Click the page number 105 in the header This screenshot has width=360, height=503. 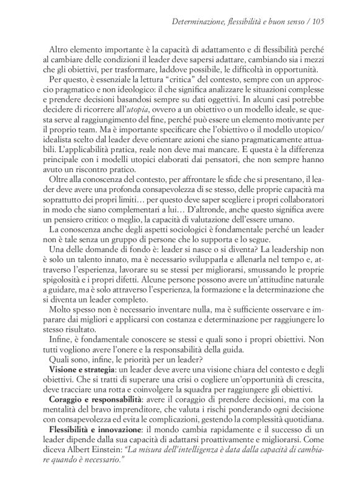[318, 22]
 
